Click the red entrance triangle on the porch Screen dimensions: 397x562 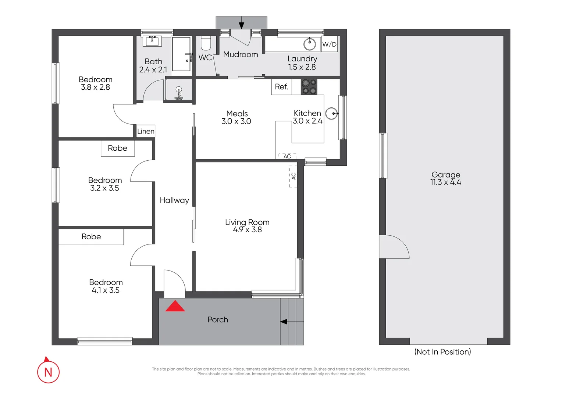tap(175, 306)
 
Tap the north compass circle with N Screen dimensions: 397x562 tap(48, 372)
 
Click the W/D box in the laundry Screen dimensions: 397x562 tap(329, 44)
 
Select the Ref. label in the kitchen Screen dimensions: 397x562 tap(281, 87)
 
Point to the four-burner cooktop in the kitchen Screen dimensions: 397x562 tap(309, 87)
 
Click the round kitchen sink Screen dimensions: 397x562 tap(332, 114)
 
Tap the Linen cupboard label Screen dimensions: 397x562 tap(146, 131)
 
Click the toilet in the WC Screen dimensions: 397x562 tap(206, 44)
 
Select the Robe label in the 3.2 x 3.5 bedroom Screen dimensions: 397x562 tap(117, 148)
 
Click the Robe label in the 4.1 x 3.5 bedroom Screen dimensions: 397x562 tap(91, 237)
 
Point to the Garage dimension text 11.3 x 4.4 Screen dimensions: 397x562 tap(445, 182)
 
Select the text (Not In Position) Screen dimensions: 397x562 tap(442, 352)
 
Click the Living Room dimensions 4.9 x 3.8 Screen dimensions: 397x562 tap(247, 230)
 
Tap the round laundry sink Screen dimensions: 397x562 tap(310, 44)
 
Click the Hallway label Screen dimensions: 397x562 tap(174, 200)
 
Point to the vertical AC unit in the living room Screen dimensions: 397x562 tap(293, 176)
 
